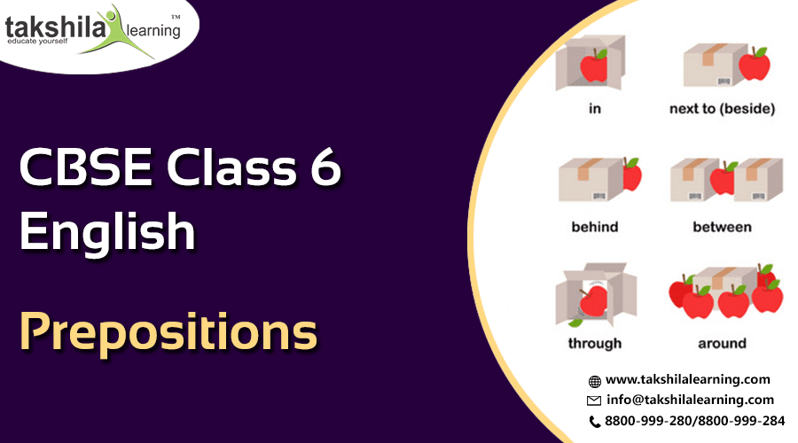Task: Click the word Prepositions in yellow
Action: coord(168,331)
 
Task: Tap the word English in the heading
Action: coord(107,231)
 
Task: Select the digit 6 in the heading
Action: coord(325,167)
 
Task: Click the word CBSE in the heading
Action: coord(85,167)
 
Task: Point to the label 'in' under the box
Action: coord(594,108)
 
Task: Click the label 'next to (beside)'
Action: coord(722,108)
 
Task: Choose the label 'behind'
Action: coord(594,226)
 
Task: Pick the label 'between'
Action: coord(722,226)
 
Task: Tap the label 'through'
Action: coord(594,343)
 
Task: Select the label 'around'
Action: coord(722,343)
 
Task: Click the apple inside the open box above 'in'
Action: coord(594,66)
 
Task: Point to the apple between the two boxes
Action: coord(724,178)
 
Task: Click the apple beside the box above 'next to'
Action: coord(755,64)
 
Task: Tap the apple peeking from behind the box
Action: coord(632,174)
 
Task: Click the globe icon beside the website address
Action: coord(594,381)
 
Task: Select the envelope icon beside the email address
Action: coord(594,400)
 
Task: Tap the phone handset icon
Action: coord(594,422)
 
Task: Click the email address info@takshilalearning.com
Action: coord(690,400)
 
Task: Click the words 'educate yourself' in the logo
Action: coord(37,41)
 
